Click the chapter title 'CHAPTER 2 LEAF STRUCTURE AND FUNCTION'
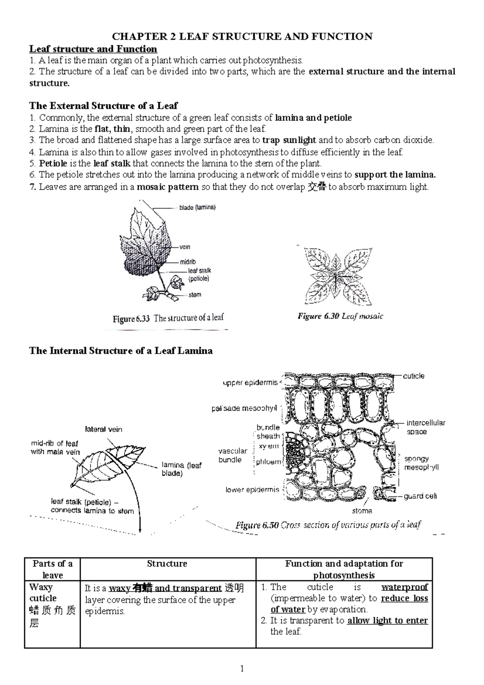pyautogui.click(x=242, y=37)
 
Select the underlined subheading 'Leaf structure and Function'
pyautogui.click(x=93, y=49)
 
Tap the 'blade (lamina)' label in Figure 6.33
pyautogui.click(x=197, y=208)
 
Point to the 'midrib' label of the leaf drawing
pyautogui.click(x=188, y=262)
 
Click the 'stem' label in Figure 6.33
pyautogui.click(x=195, y=295)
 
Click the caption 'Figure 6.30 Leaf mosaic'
pyautogui.click(x=340, y=316)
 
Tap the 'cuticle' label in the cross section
pyautogui.click(x=413, y=376)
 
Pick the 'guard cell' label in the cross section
pyautogui.click(x=420, y=496)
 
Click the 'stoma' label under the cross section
pyautogui.click(x=362, y=511)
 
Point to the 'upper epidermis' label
pyautogui.click(x=250, y=383)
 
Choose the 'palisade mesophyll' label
pyautogui.click(x=244, y=408)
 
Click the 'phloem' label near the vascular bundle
pyautogui.click(x=268, y=462)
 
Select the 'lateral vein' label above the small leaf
pyautogui.click(x=103, y=429)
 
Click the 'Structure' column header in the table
pyautogui.click(x=167, y=564)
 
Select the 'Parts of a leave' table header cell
pyautogui.click(x=52, y=569)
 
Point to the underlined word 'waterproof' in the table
pyautogui.click(x=405, y=587)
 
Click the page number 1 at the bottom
pyautogui.click(x=242, y=669)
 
